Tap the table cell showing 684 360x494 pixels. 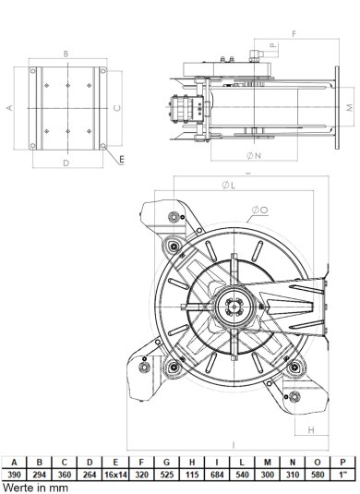coord(213,473)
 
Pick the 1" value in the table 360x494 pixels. coord(345,473)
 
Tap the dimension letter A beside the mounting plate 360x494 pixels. coord(10,107)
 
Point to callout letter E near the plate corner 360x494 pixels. coord(122,160)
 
